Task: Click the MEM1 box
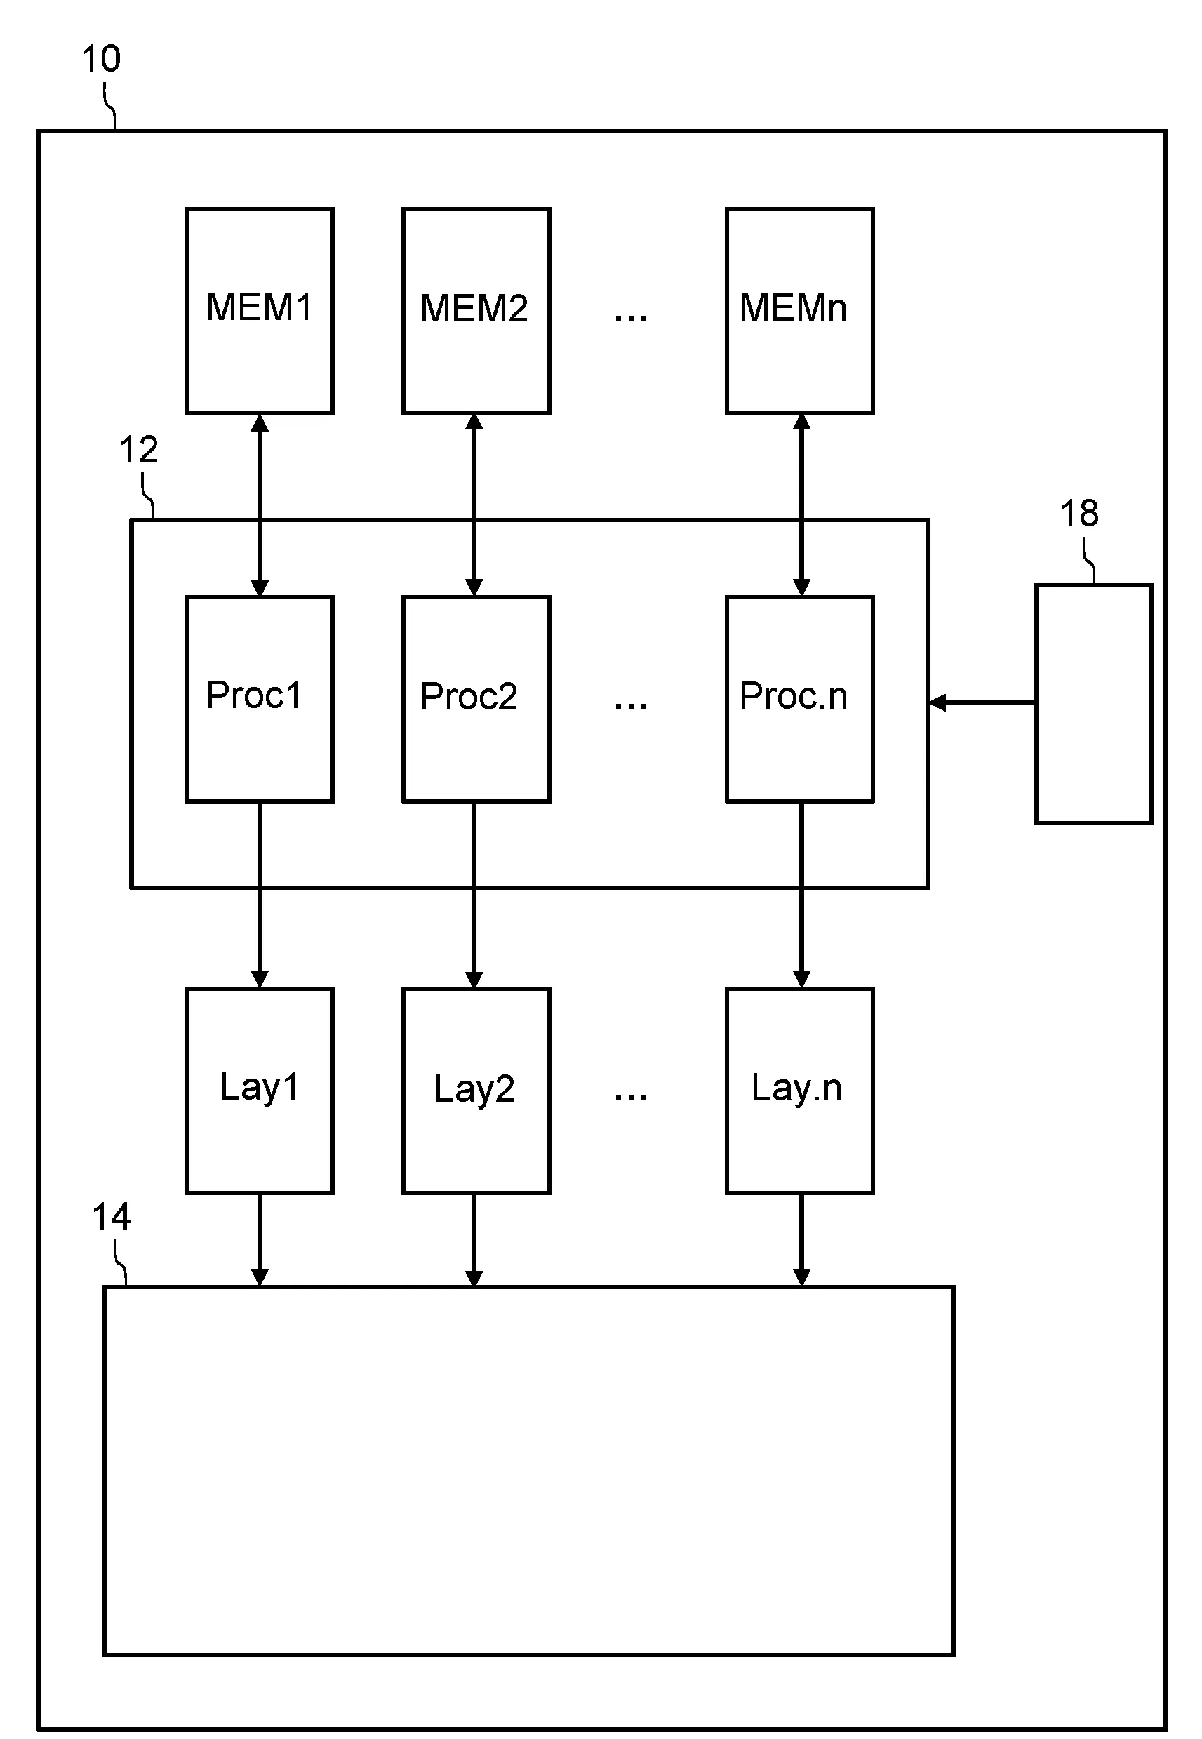[x=260, y=310]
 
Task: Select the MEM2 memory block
[x=476, y=310]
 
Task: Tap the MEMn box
[x=799, y=310]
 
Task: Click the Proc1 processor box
[x=260, y=698]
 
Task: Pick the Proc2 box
[x=476, y=698]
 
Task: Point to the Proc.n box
[x=799, y=698]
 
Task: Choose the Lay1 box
[x=260, y=1090]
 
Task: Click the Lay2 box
[x=476, y=1090]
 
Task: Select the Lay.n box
[x=799, y=1090]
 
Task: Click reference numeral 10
[x=101, y=59]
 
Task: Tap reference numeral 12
[x=138, y=450]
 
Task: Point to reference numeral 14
[x=112, y=1216]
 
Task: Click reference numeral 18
[x=1079, y=514]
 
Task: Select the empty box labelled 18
[x=1093, y=703]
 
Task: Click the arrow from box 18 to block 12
[x=982, y=702]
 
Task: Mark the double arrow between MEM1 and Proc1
[x=260, y=505]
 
